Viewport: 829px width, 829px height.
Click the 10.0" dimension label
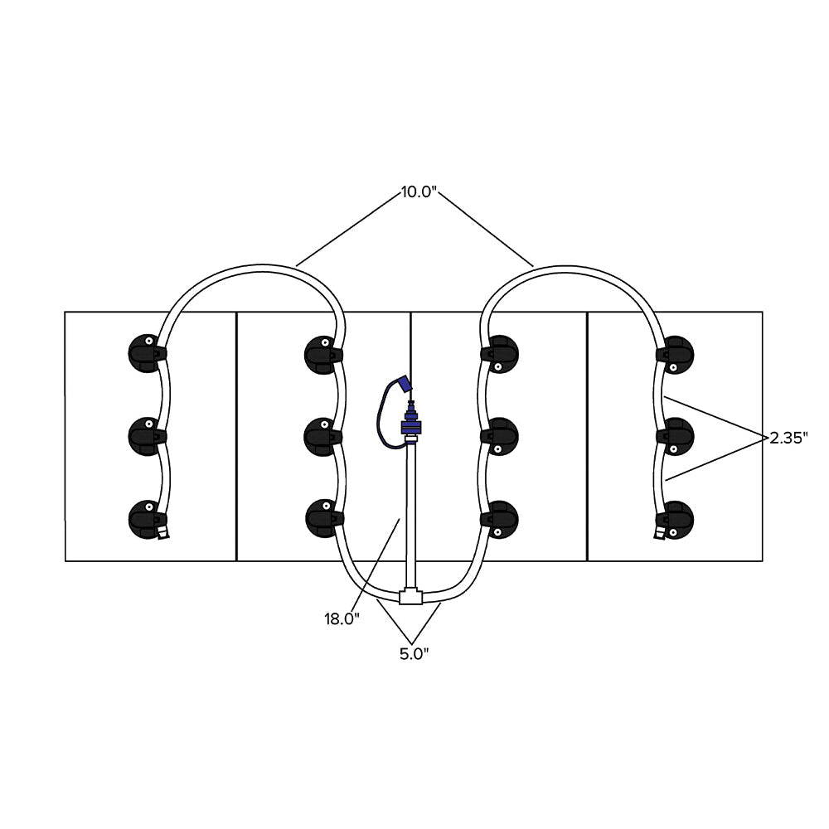click(x=417, y=192)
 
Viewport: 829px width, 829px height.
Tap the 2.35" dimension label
click(x=788, y=438)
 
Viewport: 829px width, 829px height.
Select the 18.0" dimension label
click(x=342, y=618)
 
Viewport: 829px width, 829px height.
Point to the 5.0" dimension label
click(x=413, y=653)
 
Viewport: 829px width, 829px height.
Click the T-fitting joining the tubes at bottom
click(x=410, y=596)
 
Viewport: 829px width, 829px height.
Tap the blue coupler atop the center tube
click(x=410, y=425)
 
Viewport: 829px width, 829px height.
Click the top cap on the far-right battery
click(x=676, y=353)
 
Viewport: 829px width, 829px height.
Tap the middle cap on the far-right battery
click(x=676, y=436)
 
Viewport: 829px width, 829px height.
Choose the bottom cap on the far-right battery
click(x=676, y=518)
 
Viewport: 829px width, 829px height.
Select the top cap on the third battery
click(x=500, y=353)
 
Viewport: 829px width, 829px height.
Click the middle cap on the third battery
click(x=500, y=436)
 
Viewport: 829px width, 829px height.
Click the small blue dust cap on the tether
click(x=405, y=384)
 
